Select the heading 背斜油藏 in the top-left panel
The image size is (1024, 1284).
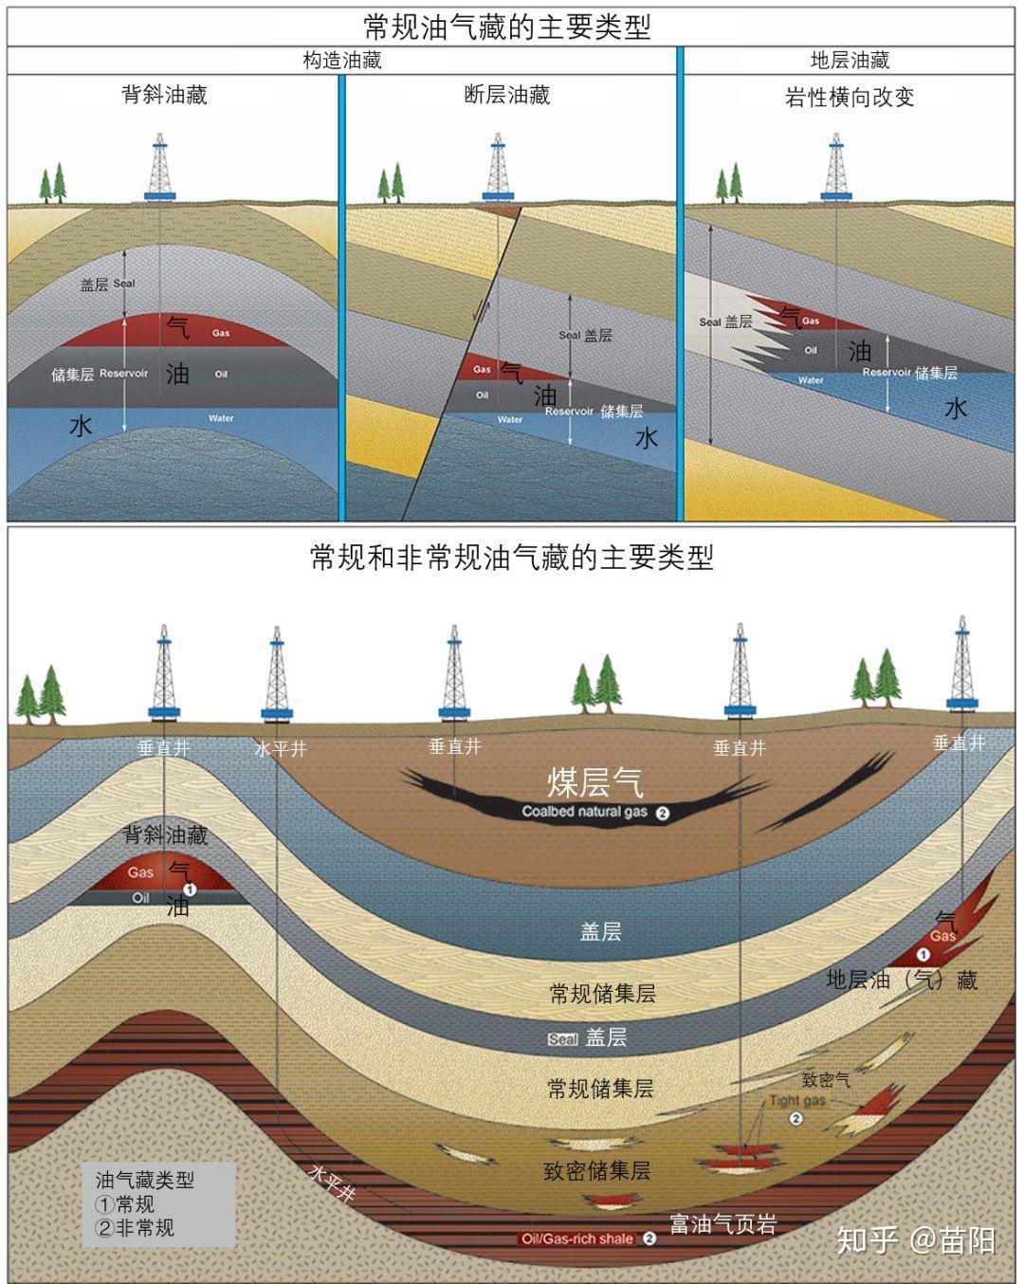tap(164, 95)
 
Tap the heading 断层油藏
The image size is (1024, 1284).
tap(507, 95)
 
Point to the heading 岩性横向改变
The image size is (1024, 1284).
tap(850, 98)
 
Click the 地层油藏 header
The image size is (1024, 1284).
tap(850, 61)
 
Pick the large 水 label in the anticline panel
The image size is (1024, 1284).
tap(82, 426)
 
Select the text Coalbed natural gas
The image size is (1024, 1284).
tap(585, 812)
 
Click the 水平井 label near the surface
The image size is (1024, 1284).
tap(281, 749)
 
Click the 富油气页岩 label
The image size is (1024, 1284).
tap(722, 1224)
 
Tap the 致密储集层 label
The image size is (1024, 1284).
tap(597, 1171)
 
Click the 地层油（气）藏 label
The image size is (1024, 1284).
tap(902, 980)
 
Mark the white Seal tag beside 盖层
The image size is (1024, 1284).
tap(562, 1039)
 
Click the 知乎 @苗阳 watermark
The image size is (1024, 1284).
tap(916, 1239)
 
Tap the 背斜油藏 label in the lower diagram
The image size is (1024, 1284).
tap(166, 835)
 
